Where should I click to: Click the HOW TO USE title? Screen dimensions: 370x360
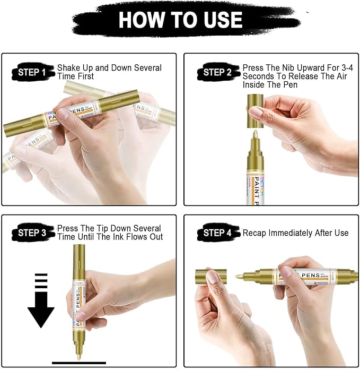click(180, 20)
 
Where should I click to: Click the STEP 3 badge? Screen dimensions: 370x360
click(32, 233)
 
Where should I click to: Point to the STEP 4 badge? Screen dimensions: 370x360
click(217, 233)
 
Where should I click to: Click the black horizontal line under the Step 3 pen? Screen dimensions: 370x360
click(79, 363)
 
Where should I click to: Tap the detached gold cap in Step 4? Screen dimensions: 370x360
click(211, 277)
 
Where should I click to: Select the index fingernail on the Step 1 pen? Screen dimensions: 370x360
click(63, 114)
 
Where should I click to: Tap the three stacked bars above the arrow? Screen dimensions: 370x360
click(41, 281)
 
